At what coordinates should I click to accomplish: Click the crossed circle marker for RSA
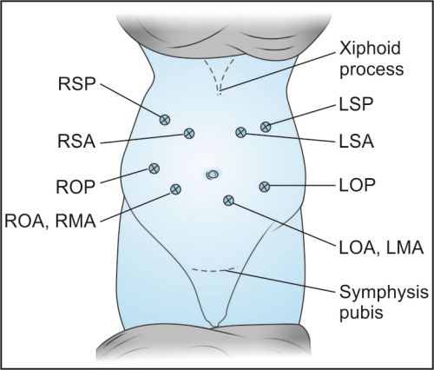[x=188, y=133]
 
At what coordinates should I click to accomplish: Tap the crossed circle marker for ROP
[x=155, y=168]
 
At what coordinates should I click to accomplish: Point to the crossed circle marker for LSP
[x=266, y=127]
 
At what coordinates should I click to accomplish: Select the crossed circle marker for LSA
[x=240, y=132]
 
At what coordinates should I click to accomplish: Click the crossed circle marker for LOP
[x=265, y=185]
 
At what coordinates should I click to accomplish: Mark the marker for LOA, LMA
[x=229, y=201]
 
